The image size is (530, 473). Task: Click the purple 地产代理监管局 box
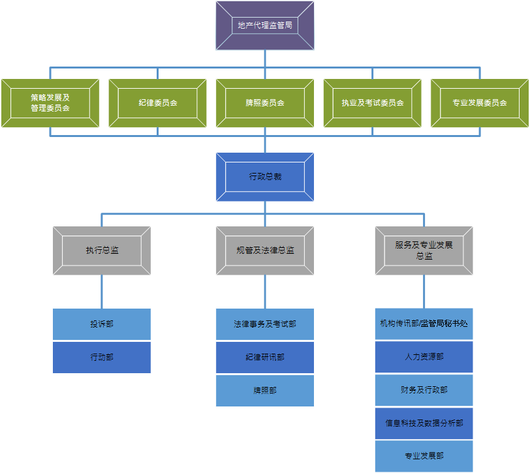pos(264,26)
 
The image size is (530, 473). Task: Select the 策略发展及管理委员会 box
pos(50,103)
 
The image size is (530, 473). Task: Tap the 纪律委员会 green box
pos(157,103)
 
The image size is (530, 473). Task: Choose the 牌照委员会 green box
pos(264,103)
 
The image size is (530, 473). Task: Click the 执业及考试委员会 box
pos(372,103)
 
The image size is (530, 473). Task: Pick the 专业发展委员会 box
pos(480,103)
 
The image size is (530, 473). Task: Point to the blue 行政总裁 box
pos(264,177)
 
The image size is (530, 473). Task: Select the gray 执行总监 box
pos(102,251)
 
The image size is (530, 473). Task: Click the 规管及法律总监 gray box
pos(264,251)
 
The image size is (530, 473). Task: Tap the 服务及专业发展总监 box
pos(424,251)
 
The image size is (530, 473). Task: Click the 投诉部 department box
pos(102,324)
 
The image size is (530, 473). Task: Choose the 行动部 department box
pos(102,358)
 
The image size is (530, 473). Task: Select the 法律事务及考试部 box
pos(264,324)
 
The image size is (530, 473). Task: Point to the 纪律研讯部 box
pos(264,358)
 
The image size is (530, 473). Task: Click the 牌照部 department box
pos(264,391)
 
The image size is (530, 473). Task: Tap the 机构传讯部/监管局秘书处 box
pos(424,324)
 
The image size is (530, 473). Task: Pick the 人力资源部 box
pos(424,358)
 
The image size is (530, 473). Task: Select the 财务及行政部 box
pos(424,390)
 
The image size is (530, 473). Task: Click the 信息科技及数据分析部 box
pos(424,423)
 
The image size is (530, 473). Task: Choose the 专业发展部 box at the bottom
pos(424,456)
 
